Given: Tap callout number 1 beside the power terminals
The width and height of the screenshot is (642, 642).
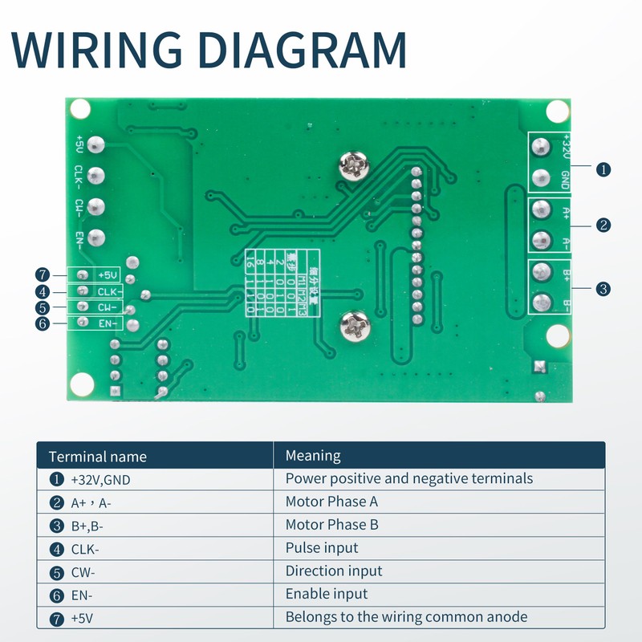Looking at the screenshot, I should click(603, 169).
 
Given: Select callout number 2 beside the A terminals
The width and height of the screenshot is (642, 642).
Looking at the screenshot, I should click(603, 226).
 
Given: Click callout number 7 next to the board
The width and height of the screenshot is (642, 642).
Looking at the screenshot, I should click(43, 274).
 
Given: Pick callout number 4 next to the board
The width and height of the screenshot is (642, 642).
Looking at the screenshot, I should click(43, 292).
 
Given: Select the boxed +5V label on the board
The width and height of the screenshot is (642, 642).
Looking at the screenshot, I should click(106, 274).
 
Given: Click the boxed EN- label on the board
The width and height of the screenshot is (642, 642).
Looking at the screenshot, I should click(106, 323).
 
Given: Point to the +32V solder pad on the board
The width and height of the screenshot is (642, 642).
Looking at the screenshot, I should click(542, 148).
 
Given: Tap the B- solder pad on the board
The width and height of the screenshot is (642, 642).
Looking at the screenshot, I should click(542, 303).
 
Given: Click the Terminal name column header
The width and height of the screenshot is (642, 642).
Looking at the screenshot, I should click(98, 457).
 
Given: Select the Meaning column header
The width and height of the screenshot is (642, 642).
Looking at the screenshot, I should click(313, 456).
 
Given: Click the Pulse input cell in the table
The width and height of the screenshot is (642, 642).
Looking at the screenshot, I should click(322, 548).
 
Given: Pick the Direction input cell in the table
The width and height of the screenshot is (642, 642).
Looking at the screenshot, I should click(334, 571).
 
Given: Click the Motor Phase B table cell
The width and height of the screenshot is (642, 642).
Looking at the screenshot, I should click(331, 525).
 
